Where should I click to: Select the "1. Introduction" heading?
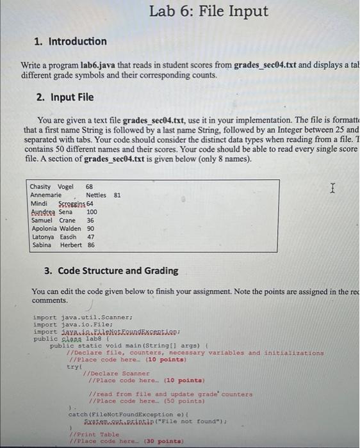pos(70,41)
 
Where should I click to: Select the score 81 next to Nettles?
pos(117,195)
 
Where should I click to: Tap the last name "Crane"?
pos(67,220)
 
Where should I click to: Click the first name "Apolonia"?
pos(45,228)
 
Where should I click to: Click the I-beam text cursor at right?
pos(332,188)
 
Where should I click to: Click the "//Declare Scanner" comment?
pos(113,373)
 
